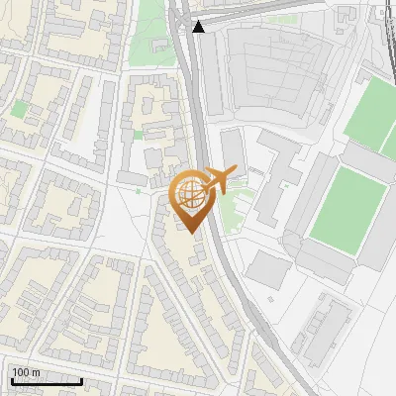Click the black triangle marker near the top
[199, 26]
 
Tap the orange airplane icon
[219, 179]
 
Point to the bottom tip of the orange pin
[188, 233]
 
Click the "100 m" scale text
[26, 372]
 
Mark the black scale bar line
[47, 381]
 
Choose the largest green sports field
[346, 206]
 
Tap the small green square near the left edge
[19, 108]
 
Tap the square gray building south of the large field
[268, 268]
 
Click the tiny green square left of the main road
[139, 134]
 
